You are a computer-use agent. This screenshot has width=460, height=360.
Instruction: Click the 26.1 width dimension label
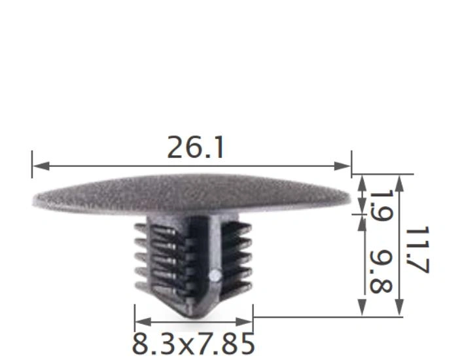196,148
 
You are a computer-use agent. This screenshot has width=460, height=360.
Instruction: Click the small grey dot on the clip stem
213,276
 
